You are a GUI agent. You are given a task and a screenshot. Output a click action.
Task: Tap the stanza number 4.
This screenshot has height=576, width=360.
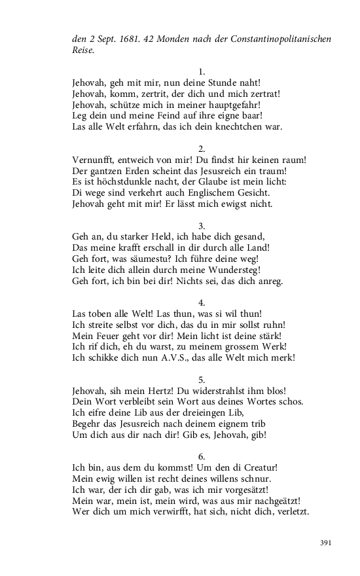202,302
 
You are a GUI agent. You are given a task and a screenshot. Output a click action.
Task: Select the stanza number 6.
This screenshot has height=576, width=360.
202,455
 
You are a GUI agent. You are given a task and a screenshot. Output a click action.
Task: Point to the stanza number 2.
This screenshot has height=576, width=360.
202,148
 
